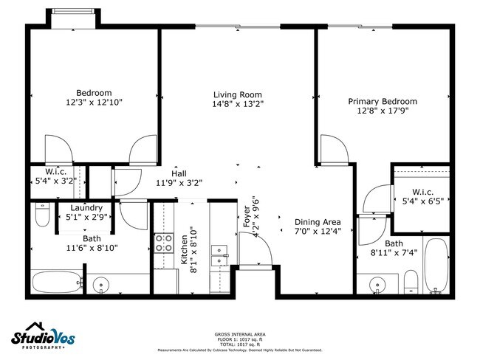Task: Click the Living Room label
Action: pyautogui.click(x=238, y=94)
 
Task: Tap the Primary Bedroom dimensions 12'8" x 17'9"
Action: pyautogui.click(x=383, y=111)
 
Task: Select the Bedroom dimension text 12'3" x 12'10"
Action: pyautogui.click(x=94, y=103)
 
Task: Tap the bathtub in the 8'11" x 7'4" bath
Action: pyautogui.click(x=436, y=266)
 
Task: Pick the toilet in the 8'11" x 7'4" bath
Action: pyautogui.click(x=411, y=282)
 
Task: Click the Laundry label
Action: pyautogui.click(x=75, y=208)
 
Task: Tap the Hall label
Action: pyautogui.click(x=179, y=173)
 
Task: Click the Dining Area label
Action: pyautogui.click(x=318, y=222)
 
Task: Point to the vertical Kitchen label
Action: pyautogui.click(x=185, y=249)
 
